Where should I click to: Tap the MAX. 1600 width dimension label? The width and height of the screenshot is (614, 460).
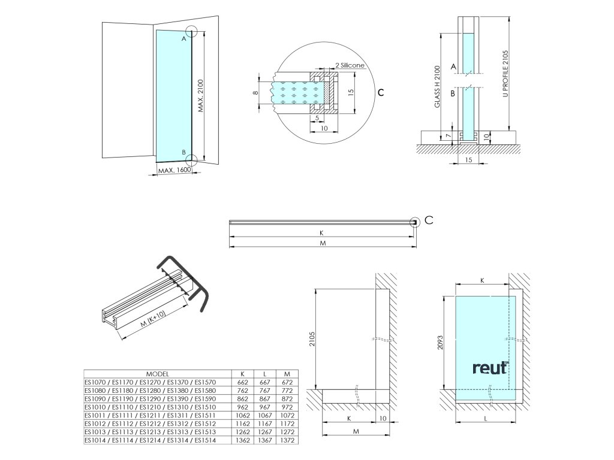[x=173, y=171]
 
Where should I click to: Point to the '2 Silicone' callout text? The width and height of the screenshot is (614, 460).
[x=350, y=65]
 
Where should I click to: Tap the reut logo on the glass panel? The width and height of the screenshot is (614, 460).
[x=490, y=367]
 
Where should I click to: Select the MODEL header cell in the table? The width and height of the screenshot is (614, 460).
[x=158, y=373]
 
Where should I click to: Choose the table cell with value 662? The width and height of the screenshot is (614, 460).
[x=243, y=382]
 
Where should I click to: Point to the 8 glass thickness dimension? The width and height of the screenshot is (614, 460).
[x=254, y=93]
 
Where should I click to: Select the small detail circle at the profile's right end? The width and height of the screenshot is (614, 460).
[x=414, y=222]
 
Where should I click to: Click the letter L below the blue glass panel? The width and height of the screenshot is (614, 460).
[x=485, y=419]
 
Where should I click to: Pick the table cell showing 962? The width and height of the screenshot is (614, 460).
[x=243, y=407]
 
